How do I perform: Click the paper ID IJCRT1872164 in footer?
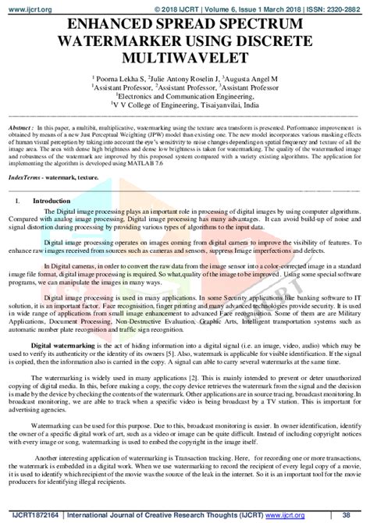(32, 516)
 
